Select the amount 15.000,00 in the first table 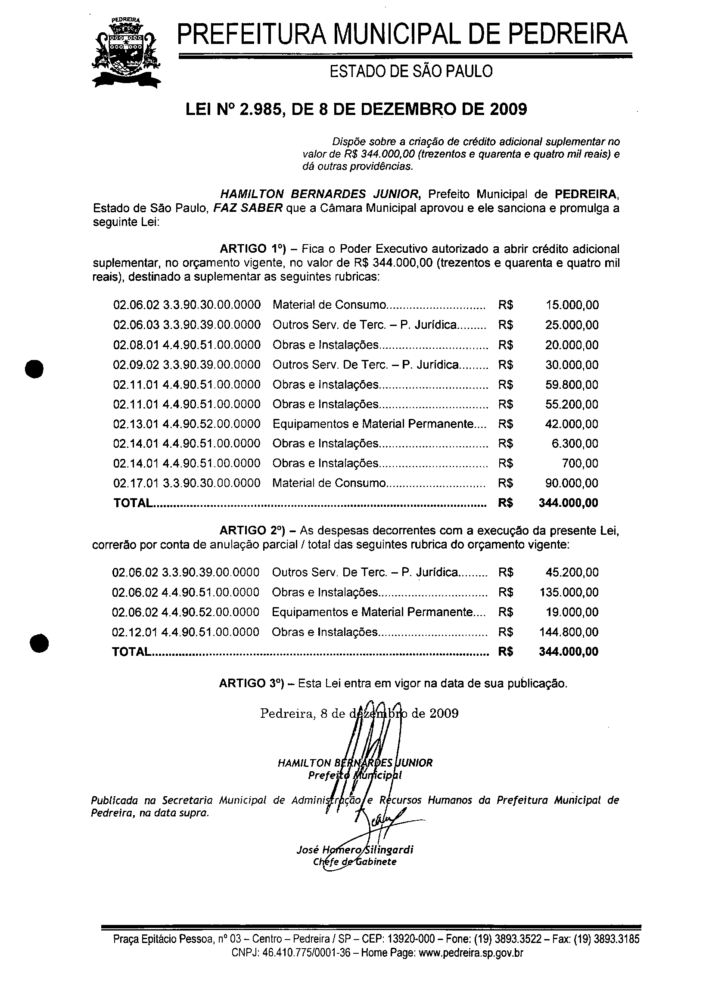click(x=572, y=305)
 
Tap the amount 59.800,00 click(x=572, y=385)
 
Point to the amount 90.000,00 click(x=572, y=483)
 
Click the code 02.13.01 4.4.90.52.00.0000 click(x=187, y=424)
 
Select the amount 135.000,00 click(x=569, y=592)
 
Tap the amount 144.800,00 click(x=569, y=632)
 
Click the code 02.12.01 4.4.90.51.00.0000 click(x=186, y=632)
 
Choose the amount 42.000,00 click(x=572, y=424)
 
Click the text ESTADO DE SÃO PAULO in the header click(x=411, y=71)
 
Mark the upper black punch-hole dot click(x=34, y=368)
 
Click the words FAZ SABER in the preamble click(x=248, y=208)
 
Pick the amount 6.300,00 click(x=575, y=444)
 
